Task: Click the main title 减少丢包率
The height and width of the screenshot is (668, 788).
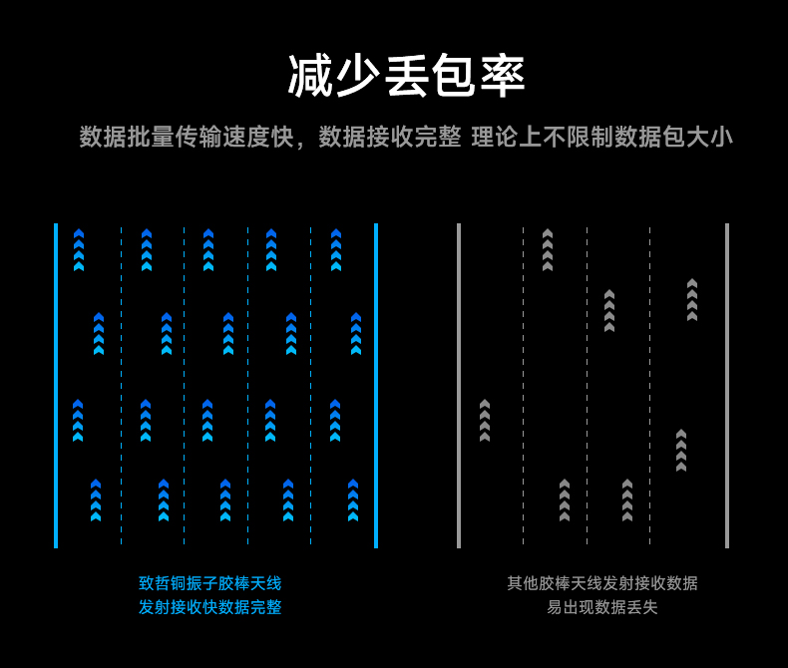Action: [x=406, y=76]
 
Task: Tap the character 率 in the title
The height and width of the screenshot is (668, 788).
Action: [x=503, y=76]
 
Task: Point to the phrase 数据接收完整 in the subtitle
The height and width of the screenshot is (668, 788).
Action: [x=390, y=137]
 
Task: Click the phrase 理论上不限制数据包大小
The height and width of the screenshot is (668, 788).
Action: [x=601, y=137]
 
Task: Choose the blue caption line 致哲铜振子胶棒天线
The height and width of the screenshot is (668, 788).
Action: [x=209, y=583]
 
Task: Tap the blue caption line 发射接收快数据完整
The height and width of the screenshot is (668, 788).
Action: [x=209, y=607]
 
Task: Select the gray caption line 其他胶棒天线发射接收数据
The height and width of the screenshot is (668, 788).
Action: [x=601, y=583]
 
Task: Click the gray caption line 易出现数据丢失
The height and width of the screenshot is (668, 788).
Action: [x=601, y=607]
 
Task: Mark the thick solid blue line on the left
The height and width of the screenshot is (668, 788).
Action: [x=56, y=385]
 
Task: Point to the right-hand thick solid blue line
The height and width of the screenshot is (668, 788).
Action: [x=376, y=385]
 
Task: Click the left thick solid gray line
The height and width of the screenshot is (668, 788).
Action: [x=459, y=385]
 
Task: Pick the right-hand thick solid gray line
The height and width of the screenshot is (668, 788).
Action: [x=727, y=385]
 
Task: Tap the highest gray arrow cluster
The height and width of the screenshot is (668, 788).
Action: [x=547, y=250]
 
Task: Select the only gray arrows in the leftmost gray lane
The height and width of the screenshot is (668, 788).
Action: [x=485, y=421]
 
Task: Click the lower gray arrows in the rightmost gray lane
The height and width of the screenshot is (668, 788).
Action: [x=681, y=451]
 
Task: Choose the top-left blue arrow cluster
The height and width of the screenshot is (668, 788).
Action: [x=79, y=250]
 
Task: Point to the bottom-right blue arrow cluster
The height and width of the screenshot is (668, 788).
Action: [x=353, y=501]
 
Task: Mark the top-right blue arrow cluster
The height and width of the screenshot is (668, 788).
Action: [x=336, y=250]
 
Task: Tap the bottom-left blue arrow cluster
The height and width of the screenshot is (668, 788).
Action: [x=96, y=501]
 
